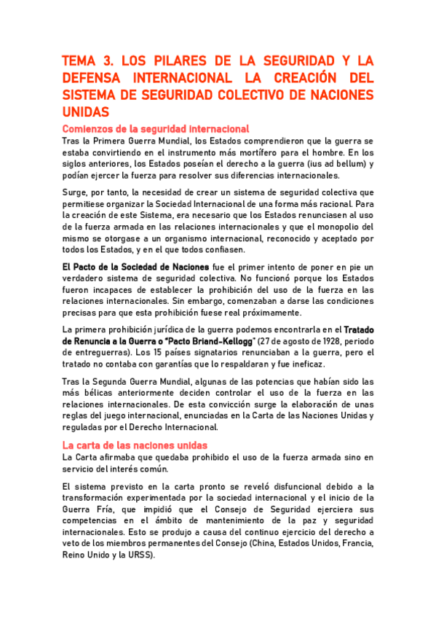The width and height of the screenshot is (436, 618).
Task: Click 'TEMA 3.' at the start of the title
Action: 86,60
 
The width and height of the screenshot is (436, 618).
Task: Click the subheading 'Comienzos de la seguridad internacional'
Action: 156,129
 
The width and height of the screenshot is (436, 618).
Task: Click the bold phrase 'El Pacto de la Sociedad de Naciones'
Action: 136,268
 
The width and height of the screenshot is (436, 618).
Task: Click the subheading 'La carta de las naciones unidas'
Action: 135,445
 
